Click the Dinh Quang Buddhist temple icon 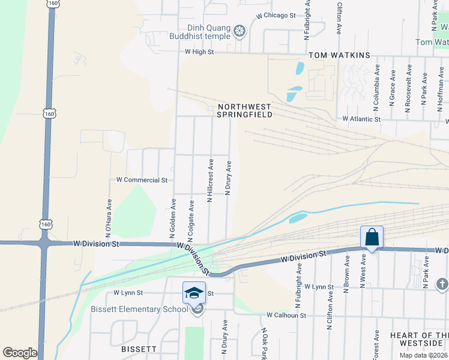pyautogui.click(x=240, y=31)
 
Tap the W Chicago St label pyautogui.click(x=276, y=16)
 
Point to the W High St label pyautogui.click(x=199, y=52)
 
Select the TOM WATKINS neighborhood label pyautogui.click(x=339, y=55)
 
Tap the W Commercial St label pyautogui.click(x=142, y=180)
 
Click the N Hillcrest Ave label pyautogui.click(x=210, y=180)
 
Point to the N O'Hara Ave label pyautogui.click(x=109, y=216)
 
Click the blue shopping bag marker pyautogui.click(x=372, y=238)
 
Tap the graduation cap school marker pyautogui.click(x=194, y=293)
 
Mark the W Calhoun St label pyautogui.click(x=287, y=315)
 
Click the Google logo pyautogui.click(x=20, y=353)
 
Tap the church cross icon pyautogui.click(x=442, y=283)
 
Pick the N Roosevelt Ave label pyautogui.click(x=408, y=92)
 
